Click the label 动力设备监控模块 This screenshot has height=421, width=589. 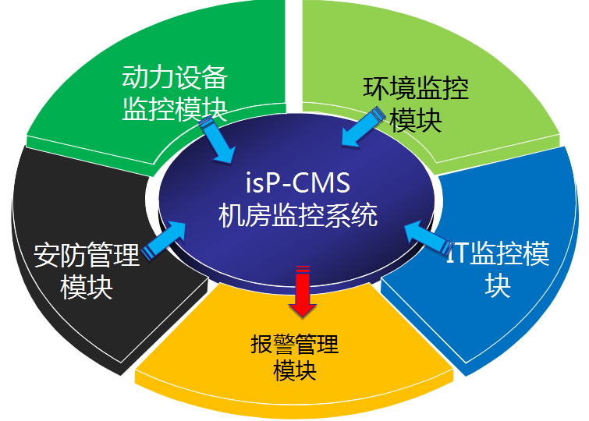tap(175, 93)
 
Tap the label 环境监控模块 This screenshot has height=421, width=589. tap(416, 104)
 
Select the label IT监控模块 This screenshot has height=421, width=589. tap(498, 269)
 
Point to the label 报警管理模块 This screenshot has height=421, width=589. tap(295, 356)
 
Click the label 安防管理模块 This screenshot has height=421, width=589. tap(87, 270)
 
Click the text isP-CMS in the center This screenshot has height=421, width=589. tap(296, 185)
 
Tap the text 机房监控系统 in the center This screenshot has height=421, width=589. tap(296, 214)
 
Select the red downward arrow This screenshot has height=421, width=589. tap(300, 292)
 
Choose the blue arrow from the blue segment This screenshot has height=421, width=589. tap(428, 237)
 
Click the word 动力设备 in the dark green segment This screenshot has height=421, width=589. tap(175, 77)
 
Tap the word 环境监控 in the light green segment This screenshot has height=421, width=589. tap(416, 88)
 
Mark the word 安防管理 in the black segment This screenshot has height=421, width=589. tap(87, 254)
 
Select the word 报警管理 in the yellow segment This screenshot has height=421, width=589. tap(295, 343)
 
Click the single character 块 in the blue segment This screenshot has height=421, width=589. tap(499, 285)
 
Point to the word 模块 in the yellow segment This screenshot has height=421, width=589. tap(295, 370)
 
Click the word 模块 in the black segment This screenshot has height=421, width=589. tap(87, 286)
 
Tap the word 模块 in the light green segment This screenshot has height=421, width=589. tap(416, 121)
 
